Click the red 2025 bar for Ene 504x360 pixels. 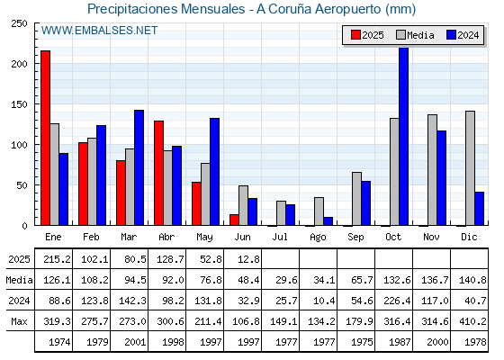pos(45,138)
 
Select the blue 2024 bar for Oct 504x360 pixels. pos(403,136)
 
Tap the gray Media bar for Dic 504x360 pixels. pos(470,168)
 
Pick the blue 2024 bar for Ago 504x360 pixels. pos(328,221)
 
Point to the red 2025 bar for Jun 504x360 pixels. pos(234,220)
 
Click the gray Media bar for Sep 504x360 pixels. pos(356,199)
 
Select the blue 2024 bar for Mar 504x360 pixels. pos(139,167)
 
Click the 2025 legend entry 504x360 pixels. pos(367,35)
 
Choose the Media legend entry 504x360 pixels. pos(415,35)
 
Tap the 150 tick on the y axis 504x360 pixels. pos(19,104)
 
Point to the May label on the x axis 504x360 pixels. pos(204,237)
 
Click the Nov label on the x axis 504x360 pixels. pos(431,237)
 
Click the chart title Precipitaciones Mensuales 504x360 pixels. pos(166,9)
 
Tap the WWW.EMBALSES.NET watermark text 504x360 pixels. pos(99,31)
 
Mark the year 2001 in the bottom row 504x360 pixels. pos(135,342)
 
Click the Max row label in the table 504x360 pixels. pos(19,321)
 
